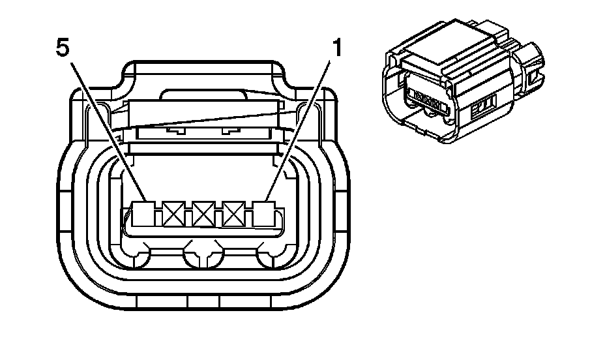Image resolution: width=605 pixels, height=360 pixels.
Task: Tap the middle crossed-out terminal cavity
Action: click(203, 213)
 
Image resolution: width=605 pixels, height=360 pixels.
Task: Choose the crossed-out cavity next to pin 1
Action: click(234, 213)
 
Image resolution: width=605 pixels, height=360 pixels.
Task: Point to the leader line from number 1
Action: click(302, 127)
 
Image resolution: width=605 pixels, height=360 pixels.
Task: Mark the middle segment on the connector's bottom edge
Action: click(203, 302)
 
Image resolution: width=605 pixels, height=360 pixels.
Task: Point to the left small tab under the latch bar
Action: click(173, 130)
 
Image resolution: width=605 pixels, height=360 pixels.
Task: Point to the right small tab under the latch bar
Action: click(229, 130)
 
